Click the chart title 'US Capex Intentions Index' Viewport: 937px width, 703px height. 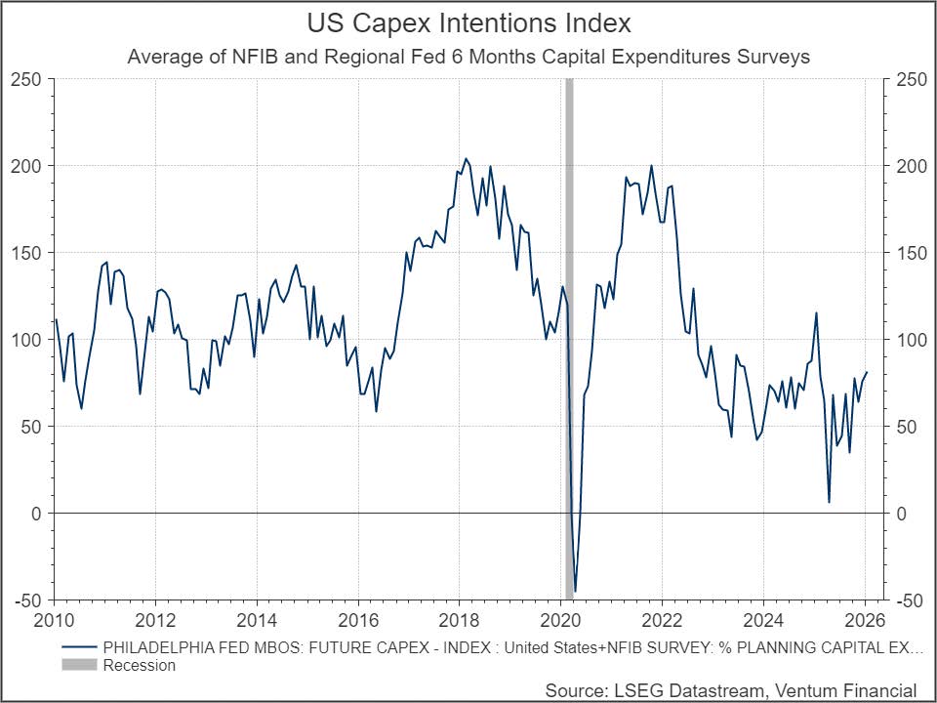pyautogui.click(x=468, y=22)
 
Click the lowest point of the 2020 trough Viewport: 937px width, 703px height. pyautogui.click(x=576, y=591)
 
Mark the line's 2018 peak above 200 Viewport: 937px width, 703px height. pyautogui.click(x=466, y=158)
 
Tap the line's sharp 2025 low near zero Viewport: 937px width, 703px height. pyautogui.click(x=829, y=502)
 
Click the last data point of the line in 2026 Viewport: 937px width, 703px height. pyautogui.click(x=867, y=372)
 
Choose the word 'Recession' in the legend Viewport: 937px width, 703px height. pyautogui.click(x=139, y=665)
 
